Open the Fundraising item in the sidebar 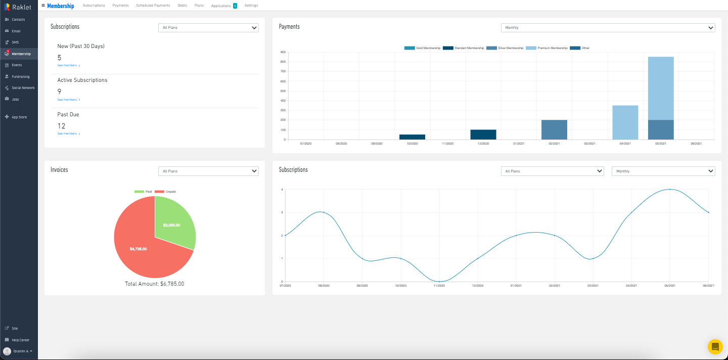(x=21, y=77)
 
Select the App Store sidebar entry (x=19, y=117)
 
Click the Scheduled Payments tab (x=153, y=6)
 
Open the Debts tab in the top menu (x=182, y=6)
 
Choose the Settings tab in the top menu (x=251, y=6)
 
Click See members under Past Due (x=68, y=133)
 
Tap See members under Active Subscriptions (x=68, y=100)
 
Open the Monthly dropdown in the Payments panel (x=608, y=28)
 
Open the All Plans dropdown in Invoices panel (x=208, y=171)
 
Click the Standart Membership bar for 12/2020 (x=483, y=134)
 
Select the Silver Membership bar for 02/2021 (x=554, y=130)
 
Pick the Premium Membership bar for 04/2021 (x=625, y=122)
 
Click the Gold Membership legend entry (x=423, y=48)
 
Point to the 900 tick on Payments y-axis (x=283, y=52)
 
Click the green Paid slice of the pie (x=172, y=222)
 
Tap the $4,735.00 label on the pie (x=138, y=249)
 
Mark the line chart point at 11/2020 (x=439, y=282)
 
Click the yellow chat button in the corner (x=715, y=347)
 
